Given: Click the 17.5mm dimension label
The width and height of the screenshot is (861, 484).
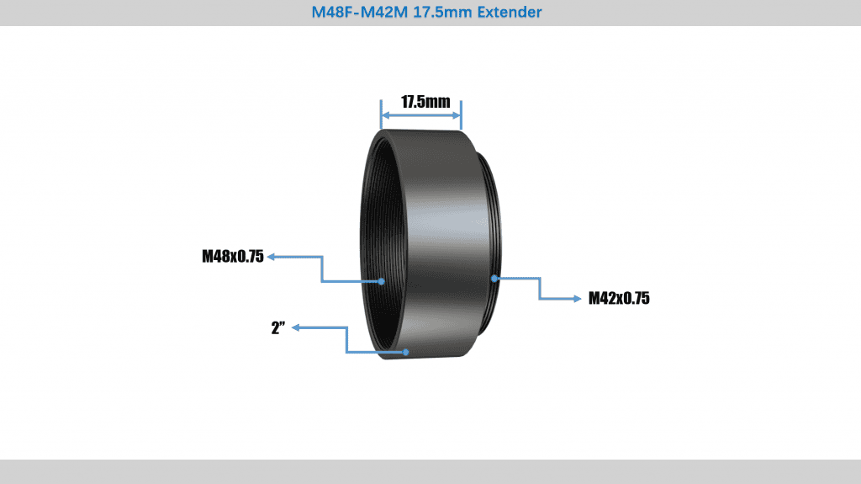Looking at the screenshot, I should [425, 102].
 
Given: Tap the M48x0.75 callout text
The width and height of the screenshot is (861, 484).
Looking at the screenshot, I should [233, 257].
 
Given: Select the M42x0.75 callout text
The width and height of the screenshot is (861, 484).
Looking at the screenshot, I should [619, 298].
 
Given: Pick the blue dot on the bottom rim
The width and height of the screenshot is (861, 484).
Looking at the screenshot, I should [405, 352].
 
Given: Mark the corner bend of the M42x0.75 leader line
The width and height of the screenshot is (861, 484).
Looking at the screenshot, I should [539, 298].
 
